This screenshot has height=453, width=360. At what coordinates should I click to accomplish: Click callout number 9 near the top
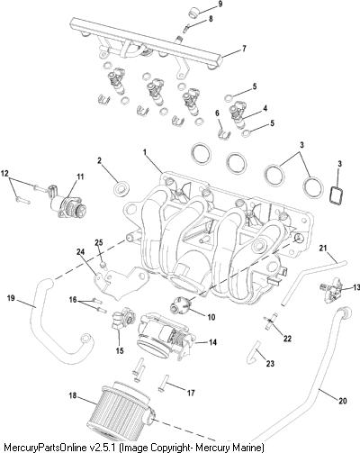(x=220, y=5)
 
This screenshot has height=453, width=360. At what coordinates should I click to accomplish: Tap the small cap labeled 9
(x=193, y=13)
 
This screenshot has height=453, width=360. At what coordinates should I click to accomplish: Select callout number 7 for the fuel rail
(x=244, y=48)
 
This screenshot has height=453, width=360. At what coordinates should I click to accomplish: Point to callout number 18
(x=72, y=396)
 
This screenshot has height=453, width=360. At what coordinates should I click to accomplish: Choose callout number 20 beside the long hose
(x=343, y=401)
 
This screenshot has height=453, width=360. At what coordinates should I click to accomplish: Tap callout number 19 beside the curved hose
(x=12, y=298)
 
